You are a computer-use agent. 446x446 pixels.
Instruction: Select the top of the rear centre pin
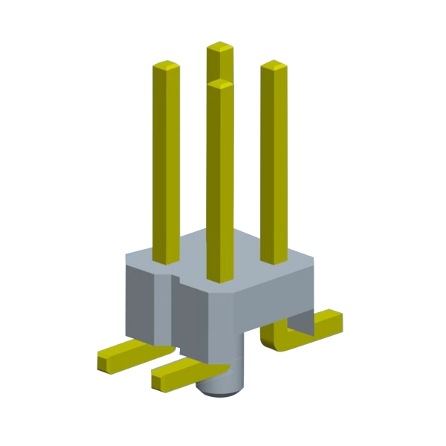pyautogui.click(x=220, y=48)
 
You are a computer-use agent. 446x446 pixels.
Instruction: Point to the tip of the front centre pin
pyautogui.click(x=220, y=84)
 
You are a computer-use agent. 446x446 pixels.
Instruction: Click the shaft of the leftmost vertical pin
pyautogui.click(x=167, y=164)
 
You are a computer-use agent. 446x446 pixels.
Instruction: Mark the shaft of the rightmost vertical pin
pyautogui.click(x=274, y=164)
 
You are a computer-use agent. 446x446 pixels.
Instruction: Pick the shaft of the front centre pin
pyautogui.click(x=220, y=186)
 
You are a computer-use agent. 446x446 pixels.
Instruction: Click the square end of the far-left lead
pyautogui.click(x=104, y=362)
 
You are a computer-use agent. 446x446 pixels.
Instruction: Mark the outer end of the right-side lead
pyautogui.click(x=336, y=321)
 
